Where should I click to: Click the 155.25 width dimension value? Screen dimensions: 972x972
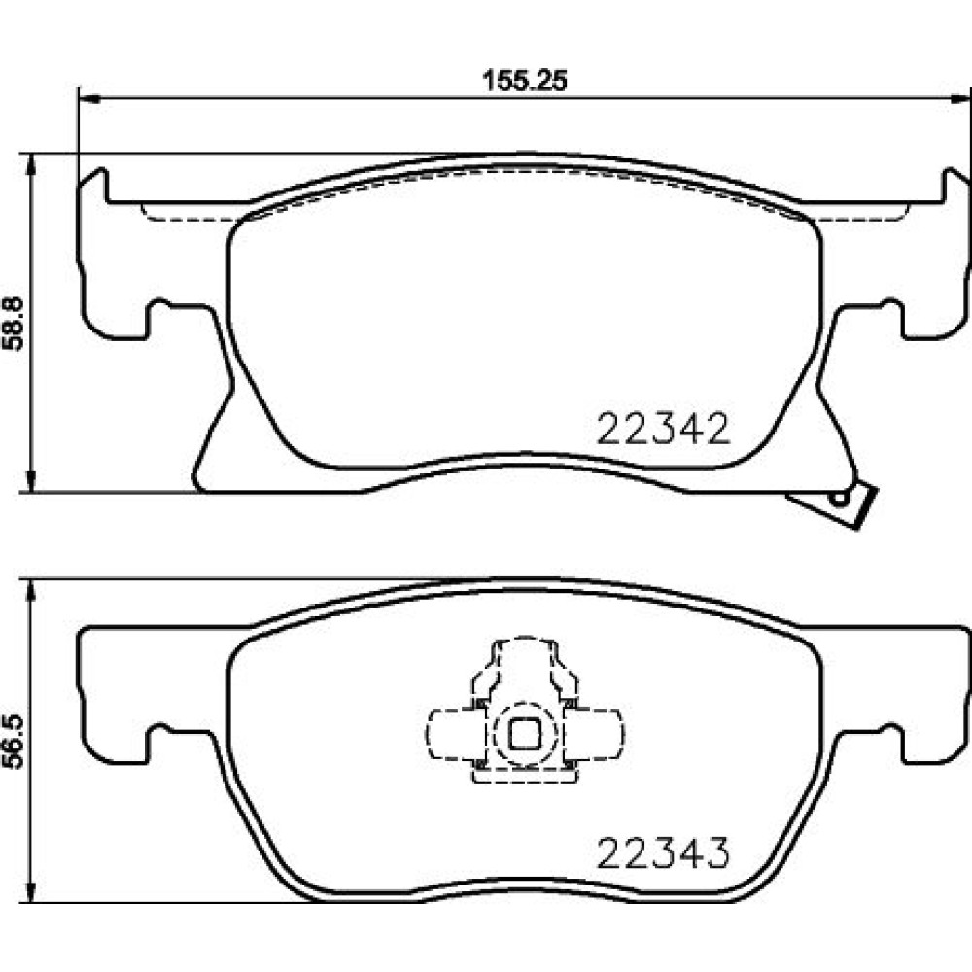tap(525, 81)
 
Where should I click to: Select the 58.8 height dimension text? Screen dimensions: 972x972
tap(14, 324)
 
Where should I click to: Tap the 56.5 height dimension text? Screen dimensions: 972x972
tap(14, 742)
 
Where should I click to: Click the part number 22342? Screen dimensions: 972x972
tap(663, 429)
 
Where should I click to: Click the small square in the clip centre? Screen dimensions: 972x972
tap(525, 734)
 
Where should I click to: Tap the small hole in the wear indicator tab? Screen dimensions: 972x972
tap(840, 497)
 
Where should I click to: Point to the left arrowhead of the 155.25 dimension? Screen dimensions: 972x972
tap(89, 98)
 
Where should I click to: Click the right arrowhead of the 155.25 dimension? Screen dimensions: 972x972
tap(961, 98)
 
